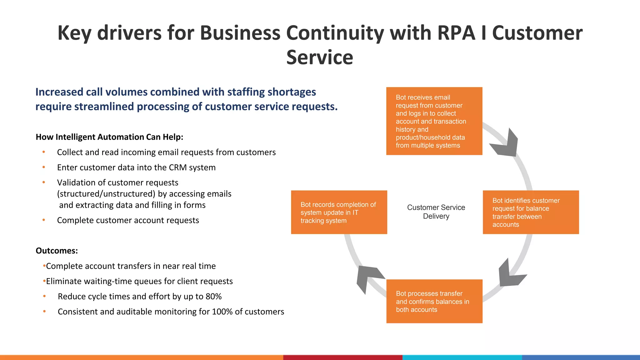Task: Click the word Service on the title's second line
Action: pyautogui.click(x=319, y=58)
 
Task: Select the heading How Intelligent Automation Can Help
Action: pyautogui.click(x=109, y=137)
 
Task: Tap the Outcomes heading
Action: pyautogui.click(x=57, y=251)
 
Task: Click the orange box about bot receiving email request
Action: pyautogui.click(x=434, y=121)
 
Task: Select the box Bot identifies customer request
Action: pyautogui.click(x=531, y=212)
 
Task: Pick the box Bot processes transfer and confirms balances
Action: pyautogui.click(x=434, y=301)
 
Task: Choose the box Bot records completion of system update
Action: pyautogui.click(x=339, y=212)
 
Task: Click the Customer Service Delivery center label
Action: pyautogui.click(x=436, y=212)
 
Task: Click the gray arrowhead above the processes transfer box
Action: pyautogui.click(x=509, y=274)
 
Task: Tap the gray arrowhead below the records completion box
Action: pyautogui.click(x=367, y=277)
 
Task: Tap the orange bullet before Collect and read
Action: pyautogui.click(x=44, y=152)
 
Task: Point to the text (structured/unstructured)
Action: pyautogui.click(x=106, y=194)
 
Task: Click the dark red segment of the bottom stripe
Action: pyautogui.click(x=342, y=357)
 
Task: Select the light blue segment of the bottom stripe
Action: pyautogui.click(x=462, y=357)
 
